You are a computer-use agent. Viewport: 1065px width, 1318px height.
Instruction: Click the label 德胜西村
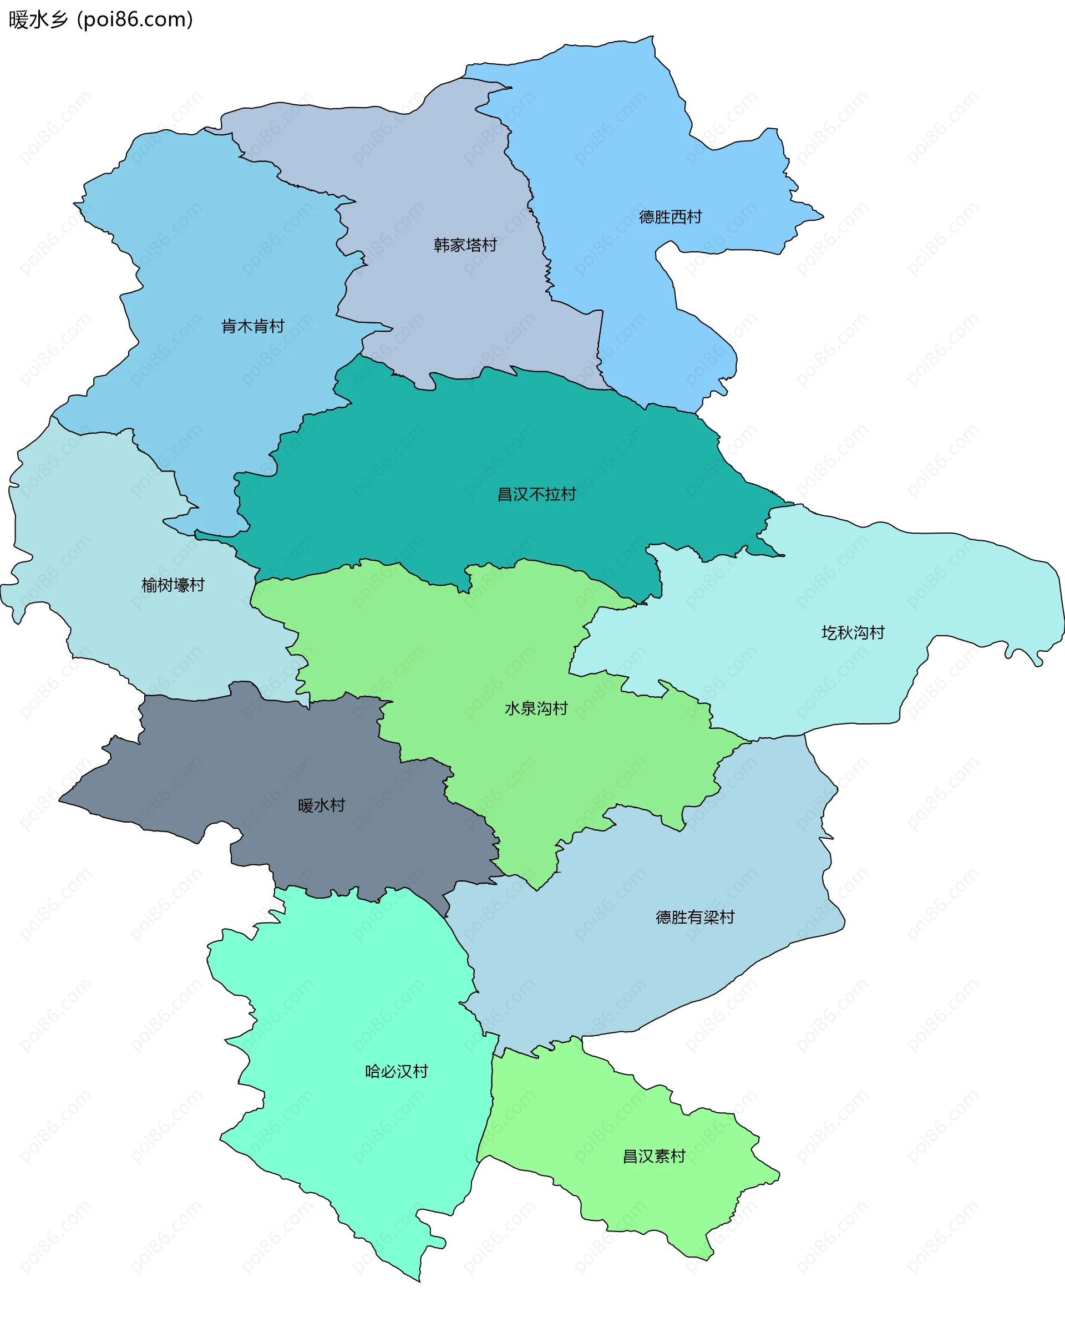point(670,217)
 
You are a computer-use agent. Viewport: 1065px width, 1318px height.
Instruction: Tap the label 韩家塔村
point(465,245)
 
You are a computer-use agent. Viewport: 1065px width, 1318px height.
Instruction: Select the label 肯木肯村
point(253,326)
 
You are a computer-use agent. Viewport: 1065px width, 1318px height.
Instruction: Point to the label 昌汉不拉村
point(536,495)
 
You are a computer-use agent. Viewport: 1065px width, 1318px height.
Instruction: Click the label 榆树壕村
point(173,585)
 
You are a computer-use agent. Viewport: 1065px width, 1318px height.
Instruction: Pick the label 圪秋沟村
point(853,632)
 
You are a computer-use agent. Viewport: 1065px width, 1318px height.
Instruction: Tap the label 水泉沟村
point(536,709)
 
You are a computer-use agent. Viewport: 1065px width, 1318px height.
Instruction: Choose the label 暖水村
point(322,805)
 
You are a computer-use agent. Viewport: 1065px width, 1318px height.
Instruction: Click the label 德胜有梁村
point(695,917)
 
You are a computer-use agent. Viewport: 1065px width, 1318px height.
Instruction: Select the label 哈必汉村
point(396,1071)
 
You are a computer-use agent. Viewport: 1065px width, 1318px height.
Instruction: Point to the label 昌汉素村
point(654,1157)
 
